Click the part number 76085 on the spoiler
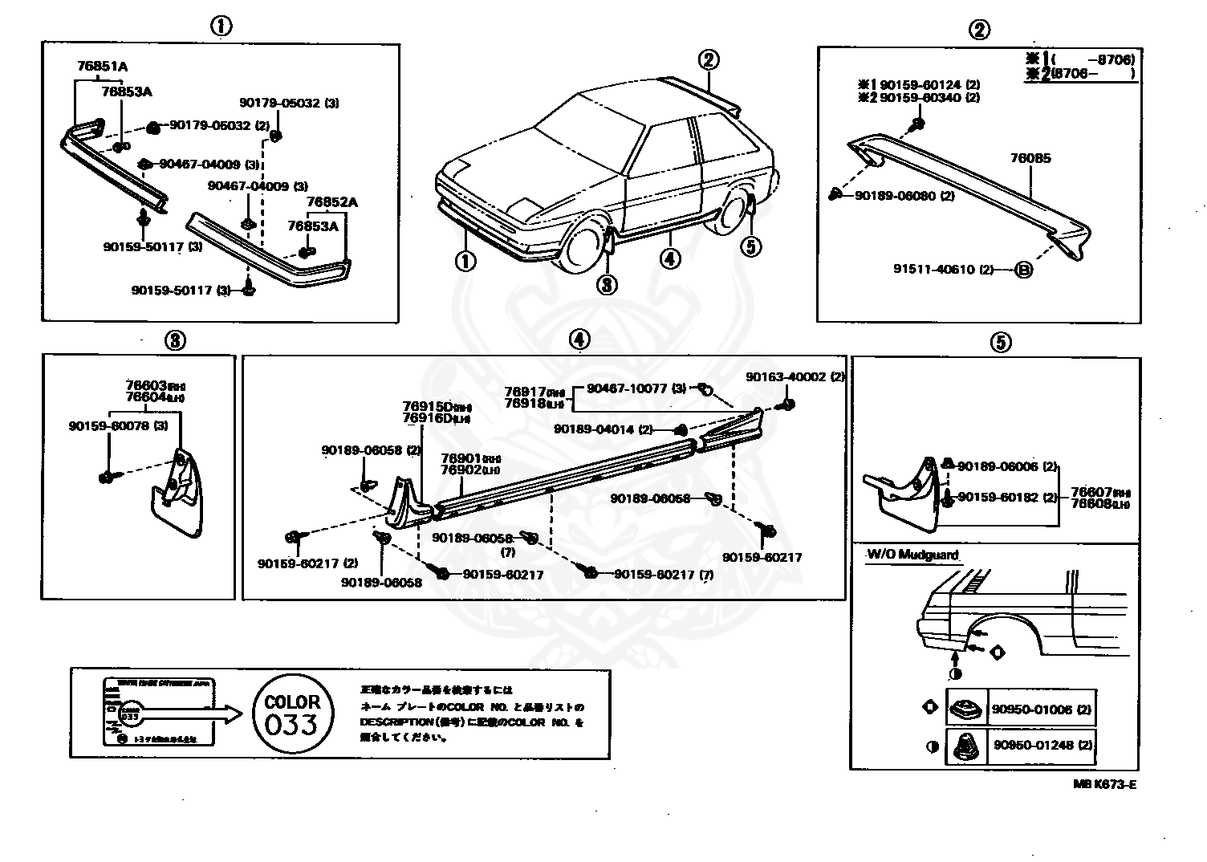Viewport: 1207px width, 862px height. click(x=1030, y=159)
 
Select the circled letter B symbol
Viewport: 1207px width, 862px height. click(x=1023, y=270)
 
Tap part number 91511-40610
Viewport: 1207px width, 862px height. click(x=934, y=270)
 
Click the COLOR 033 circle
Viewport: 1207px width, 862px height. click(x=291, y=714)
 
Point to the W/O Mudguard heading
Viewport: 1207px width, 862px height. click(x=912, y=555)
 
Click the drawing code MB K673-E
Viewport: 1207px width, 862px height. click(x=1104, y=785)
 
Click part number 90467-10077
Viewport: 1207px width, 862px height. click(x=627, y=388)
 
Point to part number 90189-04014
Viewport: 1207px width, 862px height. click(x=594, y=429)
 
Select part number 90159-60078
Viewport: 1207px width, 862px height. click(x=109, y=425)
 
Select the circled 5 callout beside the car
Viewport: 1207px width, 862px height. click(x=750, y=246)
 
